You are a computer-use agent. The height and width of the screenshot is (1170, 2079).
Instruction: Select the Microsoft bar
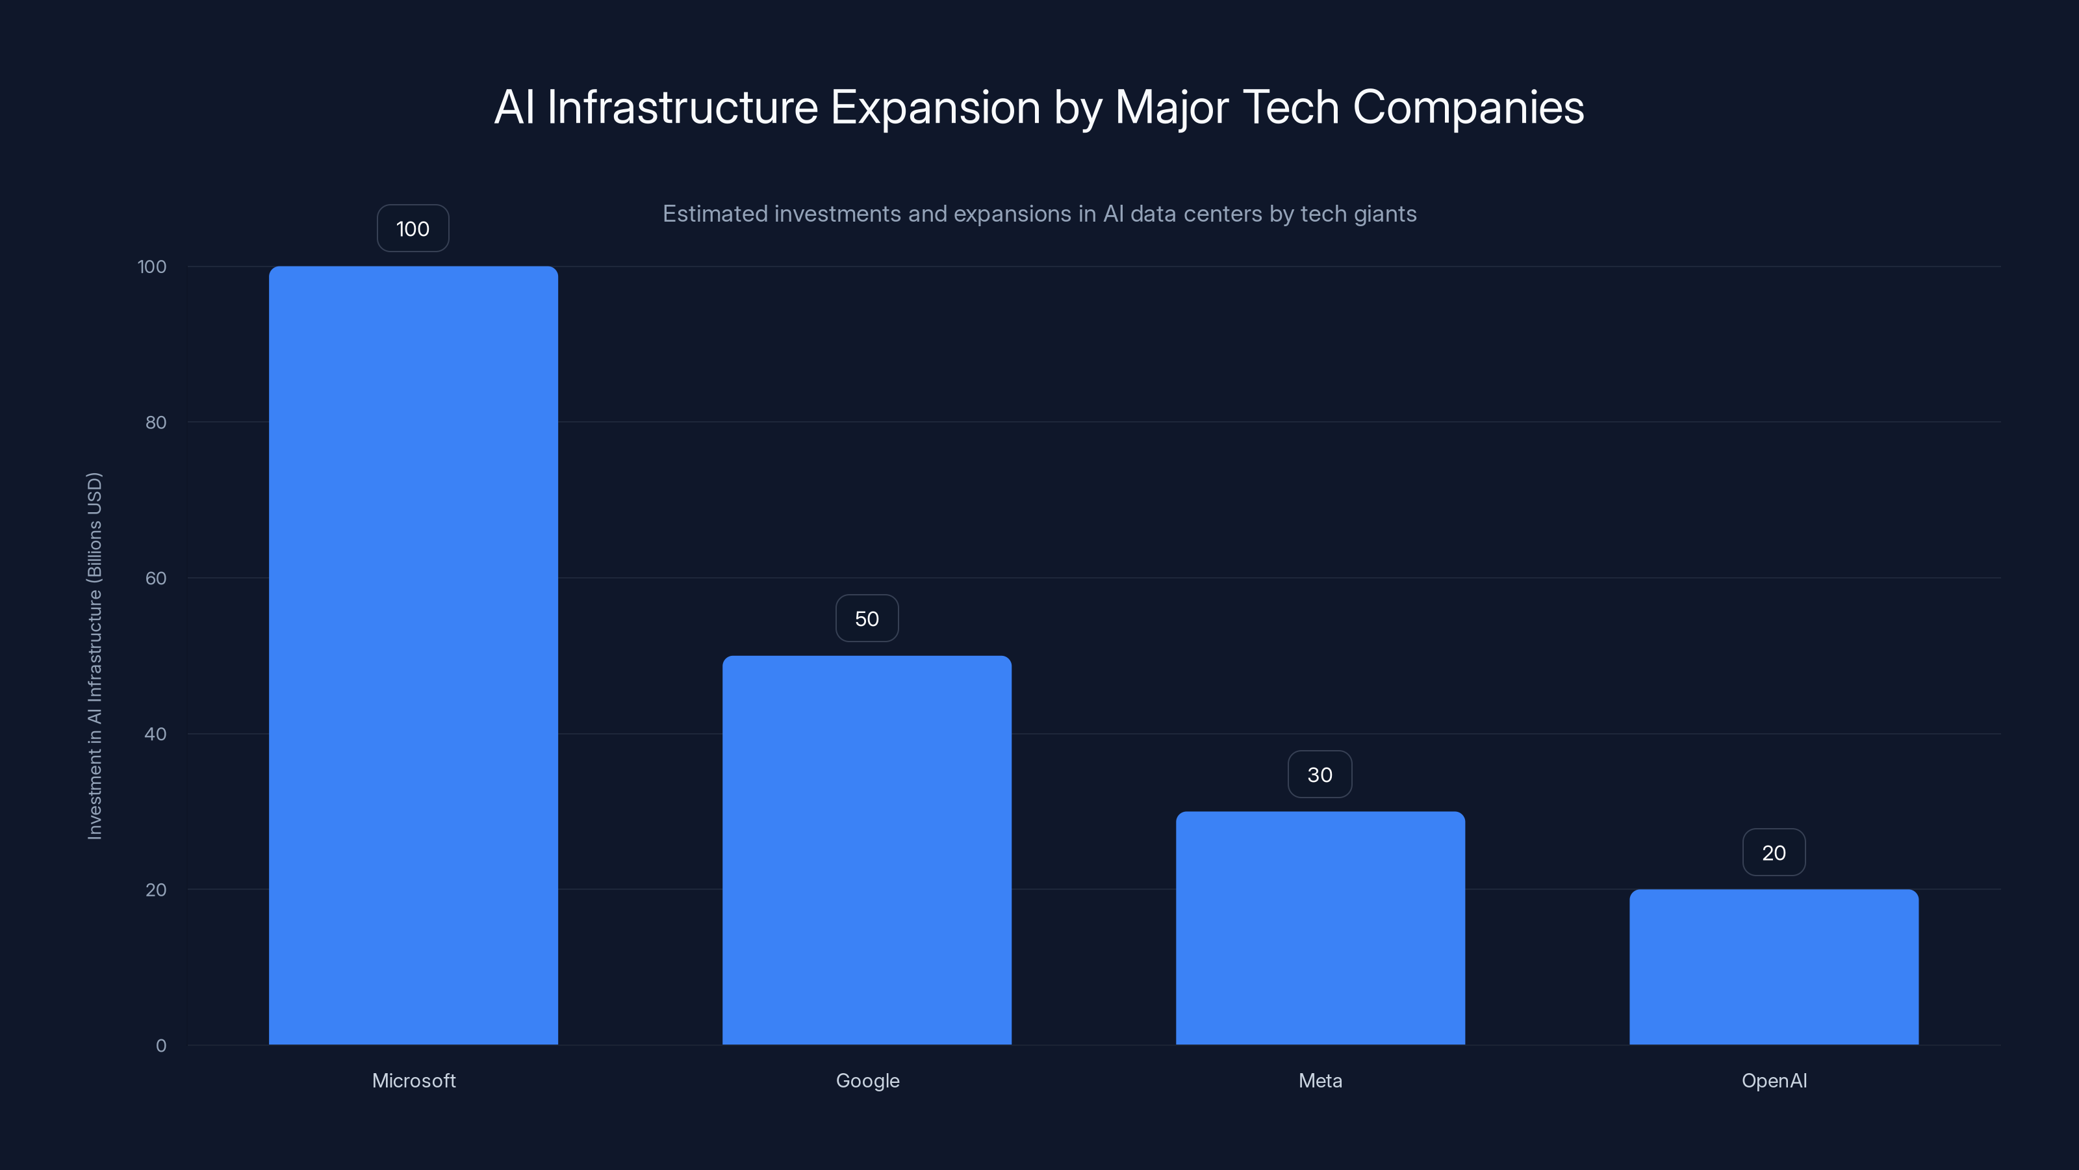413,655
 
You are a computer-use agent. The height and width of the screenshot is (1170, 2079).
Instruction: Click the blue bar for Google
867,850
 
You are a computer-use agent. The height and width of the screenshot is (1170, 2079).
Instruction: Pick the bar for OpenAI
1774,967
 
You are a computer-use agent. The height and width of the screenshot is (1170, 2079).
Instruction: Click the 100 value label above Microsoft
413,229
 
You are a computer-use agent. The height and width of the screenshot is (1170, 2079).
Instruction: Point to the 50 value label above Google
867,619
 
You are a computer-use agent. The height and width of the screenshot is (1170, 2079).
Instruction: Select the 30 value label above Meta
1320,774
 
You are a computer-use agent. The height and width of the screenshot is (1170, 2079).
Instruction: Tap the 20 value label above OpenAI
1774,853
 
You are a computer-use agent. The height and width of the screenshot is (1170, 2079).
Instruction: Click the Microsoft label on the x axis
413,1080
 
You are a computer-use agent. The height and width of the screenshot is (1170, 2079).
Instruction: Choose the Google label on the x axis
867,1080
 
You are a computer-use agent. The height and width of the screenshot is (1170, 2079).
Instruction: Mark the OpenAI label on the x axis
1774,1080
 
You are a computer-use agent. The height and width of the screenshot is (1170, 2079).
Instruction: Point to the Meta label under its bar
1320,1080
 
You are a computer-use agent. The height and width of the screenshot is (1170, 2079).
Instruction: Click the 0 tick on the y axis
160,1046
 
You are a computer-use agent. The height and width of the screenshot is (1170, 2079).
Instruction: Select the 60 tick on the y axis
155,578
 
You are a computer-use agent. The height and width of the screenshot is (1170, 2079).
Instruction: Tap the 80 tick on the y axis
155,422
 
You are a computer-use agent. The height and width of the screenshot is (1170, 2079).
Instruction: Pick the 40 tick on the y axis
155,734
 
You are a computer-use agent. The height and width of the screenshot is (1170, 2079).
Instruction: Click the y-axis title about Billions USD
94,656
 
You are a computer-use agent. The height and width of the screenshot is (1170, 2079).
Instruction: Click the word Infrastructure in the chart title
682,107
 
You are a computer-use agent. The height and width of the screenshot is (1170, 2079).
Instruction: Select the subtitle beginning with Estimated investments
1039,214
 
